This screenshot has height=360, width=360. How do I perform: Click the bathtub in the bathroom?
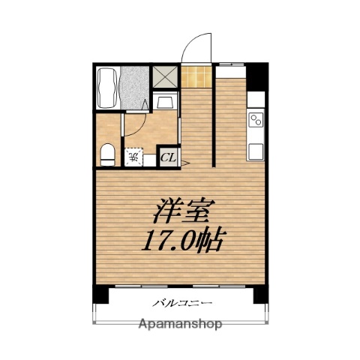[x=108, y=88]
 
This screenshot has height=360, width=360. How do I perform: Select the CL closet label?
[x=168, y=158]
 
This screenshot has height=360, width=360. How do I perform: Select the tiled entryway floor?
[x=197, y=76]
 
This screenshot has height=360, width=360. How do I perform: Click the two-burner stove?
[x=256, y=120]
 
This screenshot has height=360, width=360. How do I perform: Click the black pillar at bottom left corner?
[x=100, y=295]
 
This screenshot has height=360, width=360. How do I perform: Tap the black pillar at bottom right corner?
[x=259, y=295]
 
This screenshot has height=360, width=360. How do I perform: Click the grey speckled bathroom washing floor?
[x=135, y=87]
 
